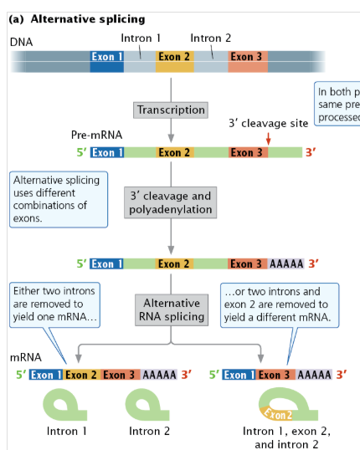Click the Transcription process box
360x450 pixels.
point(171,110)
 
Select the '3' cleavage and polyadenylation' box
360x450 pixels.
point(171,202)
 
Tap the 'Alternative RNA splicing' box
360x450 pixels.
point(171,309)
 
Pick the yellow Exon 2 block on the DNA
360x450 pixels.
point(174,58)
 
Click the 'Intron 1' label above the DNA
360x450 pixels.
point(141,38)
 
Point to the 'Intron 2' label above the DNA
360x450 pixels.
point(210,38)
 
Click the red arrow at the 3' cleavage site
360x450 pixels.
point(268,138)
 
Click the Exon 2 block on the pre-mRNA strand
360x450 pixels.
point(175,152)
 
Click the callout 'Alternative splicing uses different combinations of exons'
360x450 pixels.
point(59,199)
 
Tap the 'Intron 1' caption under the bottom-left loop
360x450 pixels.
point(68,432)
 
